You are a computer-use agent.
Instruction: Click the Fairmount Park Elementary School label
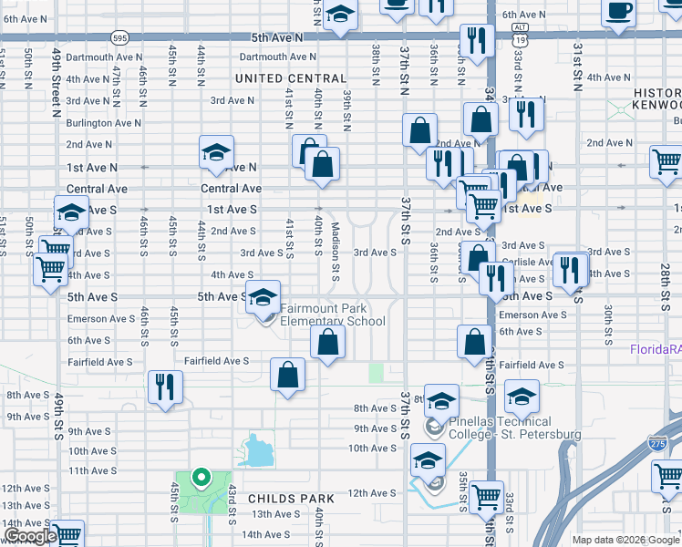coord(332,315)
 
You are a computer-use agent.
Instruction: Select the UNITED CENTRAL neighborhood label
coord(291,79)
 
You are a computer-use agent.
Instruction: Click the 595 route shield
coord(119,37)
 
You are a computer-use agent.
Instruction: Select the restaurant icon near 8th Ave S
coord(164,387)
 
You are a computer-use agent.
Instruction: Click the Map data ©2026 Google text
coord(625,540)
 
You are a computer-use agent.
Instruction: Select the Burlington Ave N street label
coord(103,122)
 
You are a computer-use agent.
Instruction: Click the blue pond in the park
coord(258,449)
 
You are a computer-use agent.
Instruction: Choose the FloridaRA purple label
coord(656,349)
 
